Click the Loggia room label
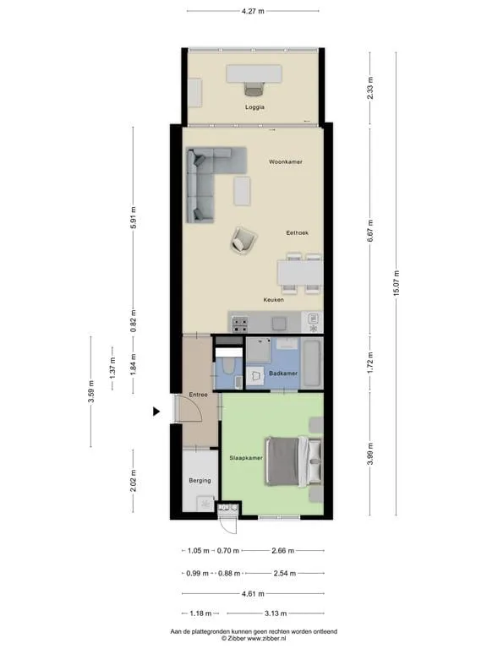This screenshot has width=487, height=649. point(254,106)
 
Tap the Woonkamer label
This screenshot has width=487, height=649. point(285,162)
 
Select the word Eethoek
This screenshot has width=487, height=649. point(298,233)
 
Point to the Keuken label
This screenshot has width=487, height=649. point(274,300)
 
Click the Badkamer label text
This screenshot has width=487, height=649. point(283,374)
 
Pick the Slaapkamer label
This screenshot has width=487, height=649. point(246,458)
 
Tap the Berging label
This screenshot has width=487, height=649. point(200,481)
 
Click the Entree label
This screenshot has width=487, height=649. point(199,395)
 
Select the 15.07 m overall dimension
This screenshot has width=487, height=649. point(397,283)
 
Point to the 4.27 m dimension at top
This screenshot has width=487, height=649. point(253,11)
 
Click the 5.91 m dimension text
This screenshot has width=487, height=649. point(133,218)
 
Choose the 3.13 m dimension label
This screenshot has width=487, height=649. point(276,614)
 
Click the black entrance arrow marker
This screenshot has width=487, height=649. point(156,412)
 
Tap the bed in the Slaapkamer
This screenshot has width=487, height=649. point(294,461)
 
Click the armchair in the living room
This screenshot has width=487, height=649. point(243,240)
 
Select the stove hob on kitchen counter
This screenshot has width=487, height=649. point(240,324)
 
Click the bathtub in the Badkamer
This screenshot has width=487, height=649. point(312,363)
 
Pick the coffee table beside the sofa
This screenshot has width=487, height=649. point(242,191)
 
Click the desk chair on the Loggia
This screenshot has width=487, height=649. point(254,89)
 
